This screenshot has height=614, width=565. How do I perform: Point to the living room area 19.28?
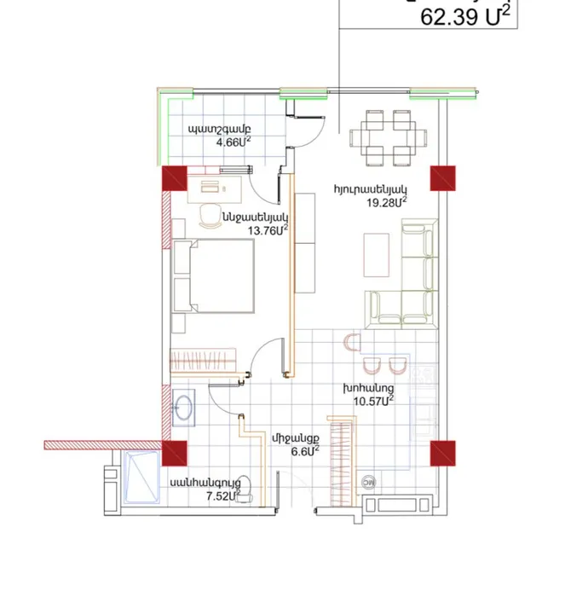[382, 202]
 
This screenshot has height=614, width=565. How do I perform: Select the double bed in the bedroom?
[213, 276]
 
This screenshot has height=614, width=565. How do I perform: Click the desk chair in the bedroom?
[208, 213]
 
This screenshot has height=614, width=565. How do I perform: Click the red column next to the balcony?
[174, 179]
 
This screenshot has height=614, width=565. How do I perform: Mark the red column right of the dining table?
[442, 178]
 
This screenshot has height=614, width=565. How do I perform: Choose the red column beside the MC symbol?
[443, 453]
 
